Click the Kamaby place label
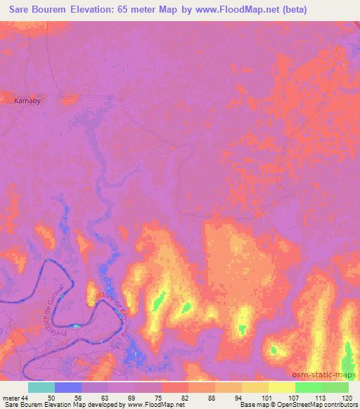pyautogui.click(x=27, y=101)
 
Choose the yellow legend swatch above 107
pyautogui.click(x=282, y=387)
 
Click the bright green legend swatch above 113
pyautogui.click(x=309, y=387)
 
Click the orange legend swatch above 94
pyautogui.click(x=229, y=387)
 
